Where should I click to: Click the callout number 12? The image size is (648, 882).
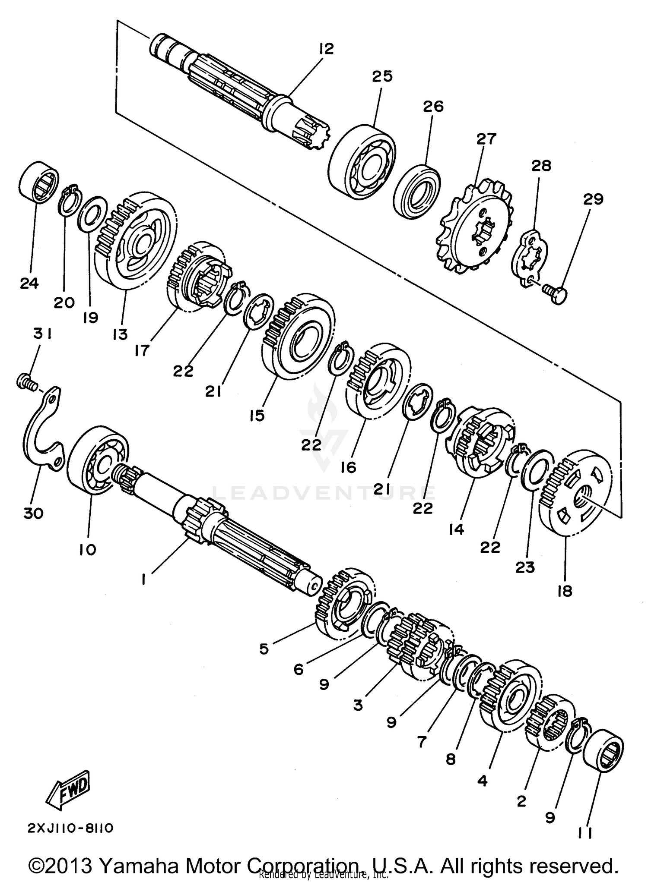click(327, 49)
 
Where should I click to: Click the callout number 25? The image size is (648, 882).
click(382, 76)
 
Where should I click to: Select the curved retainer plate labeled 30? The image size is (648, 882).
click(41, 432)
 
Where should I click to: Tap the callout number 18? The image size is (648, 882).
click(565, 591)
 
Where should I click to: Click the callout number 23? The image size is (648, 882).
click(525, 567)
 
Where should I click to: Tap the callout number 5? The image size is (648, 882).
click(264, 649)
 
